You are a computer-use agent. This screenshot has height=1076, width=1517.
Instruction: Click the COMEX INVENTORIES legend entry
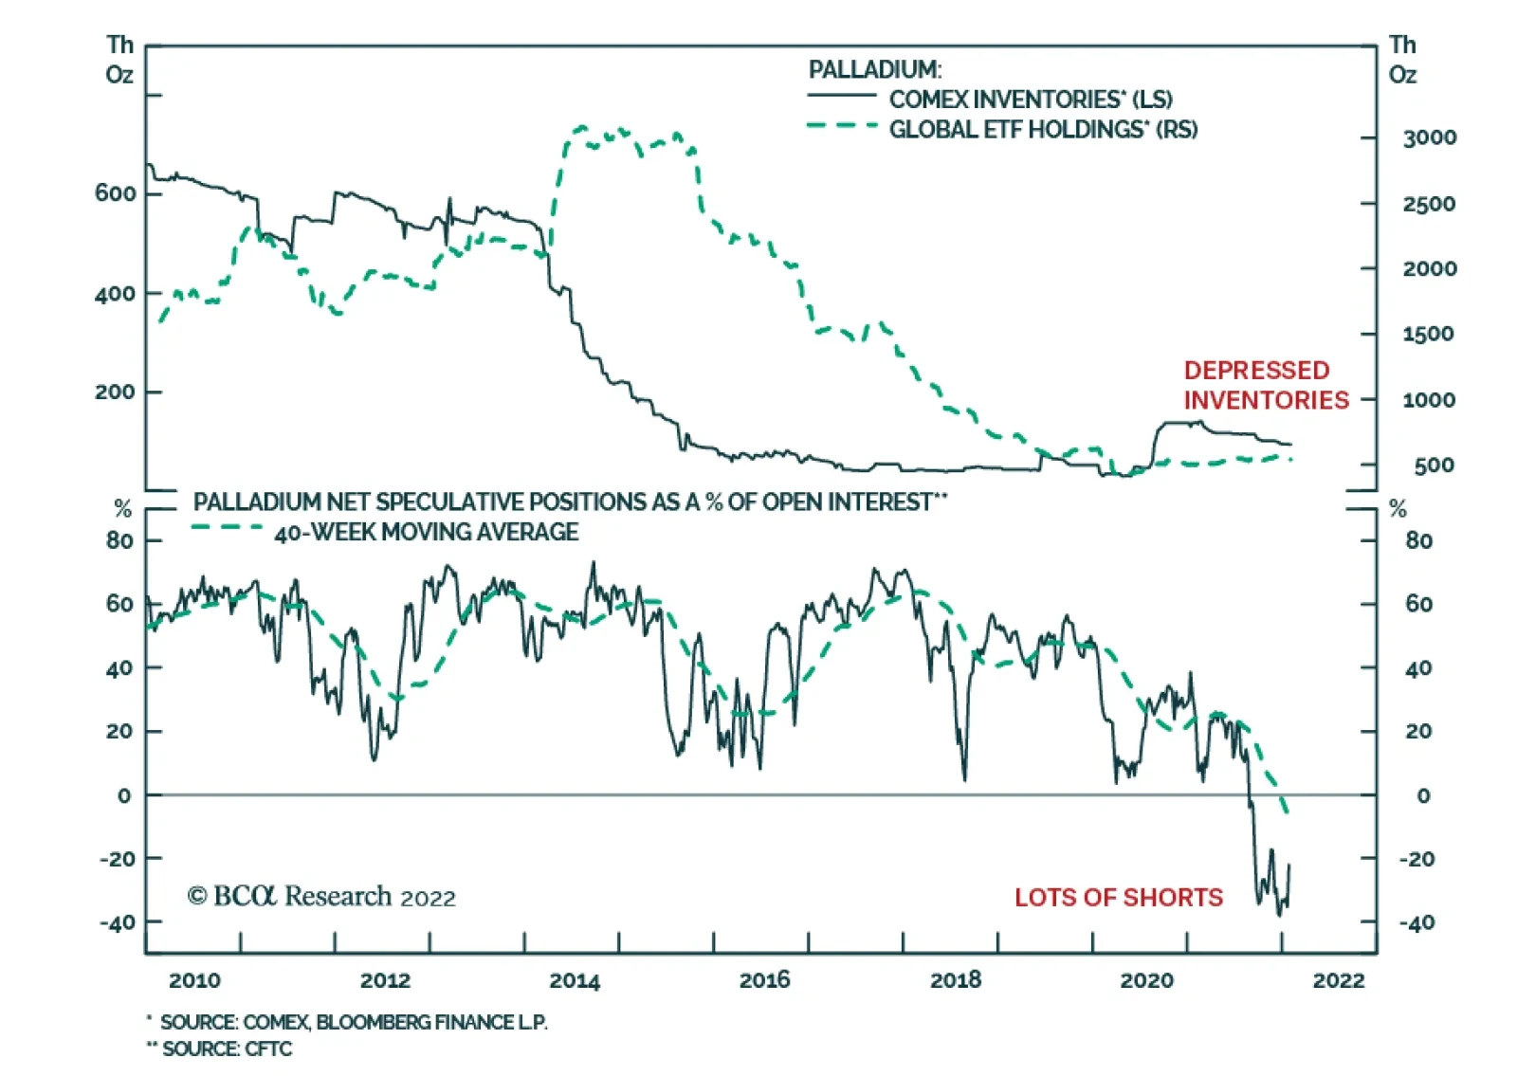point(1030,100)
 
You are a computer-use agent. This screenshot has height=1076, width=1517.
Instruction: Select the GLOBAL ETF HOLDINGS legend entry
point(1042,129)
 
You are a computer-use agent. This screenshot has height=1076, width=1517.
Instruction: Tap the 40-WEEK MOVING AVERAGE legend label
point(426,532)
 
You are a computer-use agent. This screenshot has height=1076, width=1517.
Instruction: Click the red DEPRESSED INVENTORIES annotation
point(1265,385)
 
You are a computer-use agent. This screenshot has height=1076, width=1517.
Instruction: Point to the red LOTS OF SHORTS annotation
point(1118,897)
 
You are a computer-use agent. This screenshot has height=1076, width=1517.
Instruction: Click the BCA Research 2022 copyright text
point(321,896)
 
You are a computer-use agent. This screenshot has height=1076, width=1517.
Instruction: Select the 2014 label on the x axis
point(575,980)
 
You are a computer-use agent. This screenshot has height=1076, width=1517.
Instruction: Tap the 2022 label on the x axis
point(1338,980)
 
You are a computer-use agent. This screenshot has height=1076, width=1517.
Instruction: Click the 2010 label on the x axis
point(194,980)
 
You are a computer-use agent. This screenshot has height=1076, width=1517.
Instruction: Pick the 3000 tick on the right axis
point(1429,138)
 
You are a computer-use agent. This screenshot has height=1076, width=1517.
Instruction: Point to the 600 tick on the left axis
point(116,193)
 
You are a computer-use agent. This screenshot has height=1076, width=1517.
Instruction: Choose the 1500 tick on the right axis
point(1428,335)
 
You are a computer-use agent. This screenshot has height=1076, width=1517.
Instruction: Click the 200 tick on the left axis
point(116,392)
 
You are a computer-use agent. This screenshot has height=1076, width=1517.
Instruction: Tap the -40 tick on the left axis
point(118,922)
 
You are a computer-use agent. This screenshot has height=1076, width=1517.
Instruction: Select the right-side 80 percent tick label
point(1418,541)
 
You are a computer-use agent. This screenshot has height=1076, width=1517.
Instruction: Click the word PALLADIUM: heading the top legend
point(874,69)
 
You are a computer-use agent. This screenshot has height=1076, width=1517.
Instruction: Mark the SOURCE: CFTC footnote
point(226,1049)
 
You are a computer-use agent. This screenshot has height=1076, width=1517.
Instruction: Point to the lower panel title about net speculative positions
point(570,502)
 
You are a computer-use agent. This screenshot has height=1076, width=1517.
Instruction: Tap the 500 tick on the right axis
point(1434,465)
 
